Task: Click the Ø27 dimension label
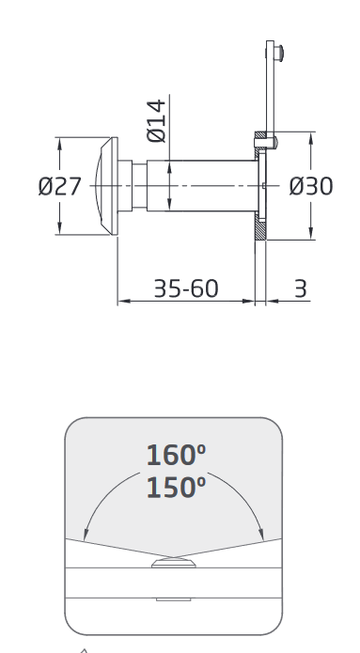tap(59, 186)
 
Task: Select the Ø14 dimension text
tap(157, 121)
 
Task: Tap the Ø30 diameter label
tap(311, 186)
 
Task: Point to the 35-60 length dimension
tap(186, 288)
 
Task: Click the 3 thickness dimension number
tap(301, 288)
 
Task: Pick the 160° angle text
tap(176, 455)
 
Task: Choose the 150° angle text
tap(176, 488)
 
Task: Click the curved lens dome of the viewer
tap(99, 186)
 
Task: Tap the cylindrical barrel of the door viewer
tap(202, 186)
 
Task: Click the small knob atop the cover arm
tap(279, 54)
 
